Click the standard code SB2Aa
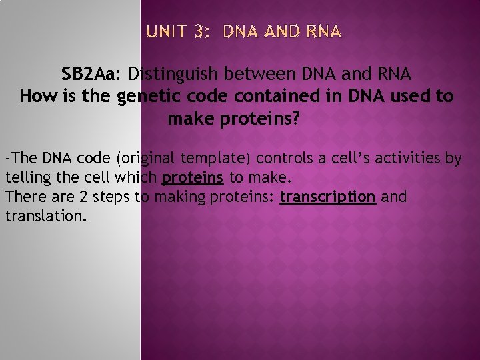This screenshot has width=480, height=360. pyautogui.click(x=90, y=73)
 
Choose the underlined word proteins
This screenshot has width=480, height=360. pyautogui.click(x=192, y=178)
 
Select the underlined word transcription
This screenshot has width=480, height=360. pyautogui.click(x=327, y=197)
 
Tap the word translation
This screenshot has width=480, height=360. pyautogui.click(x=45, y=217)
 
